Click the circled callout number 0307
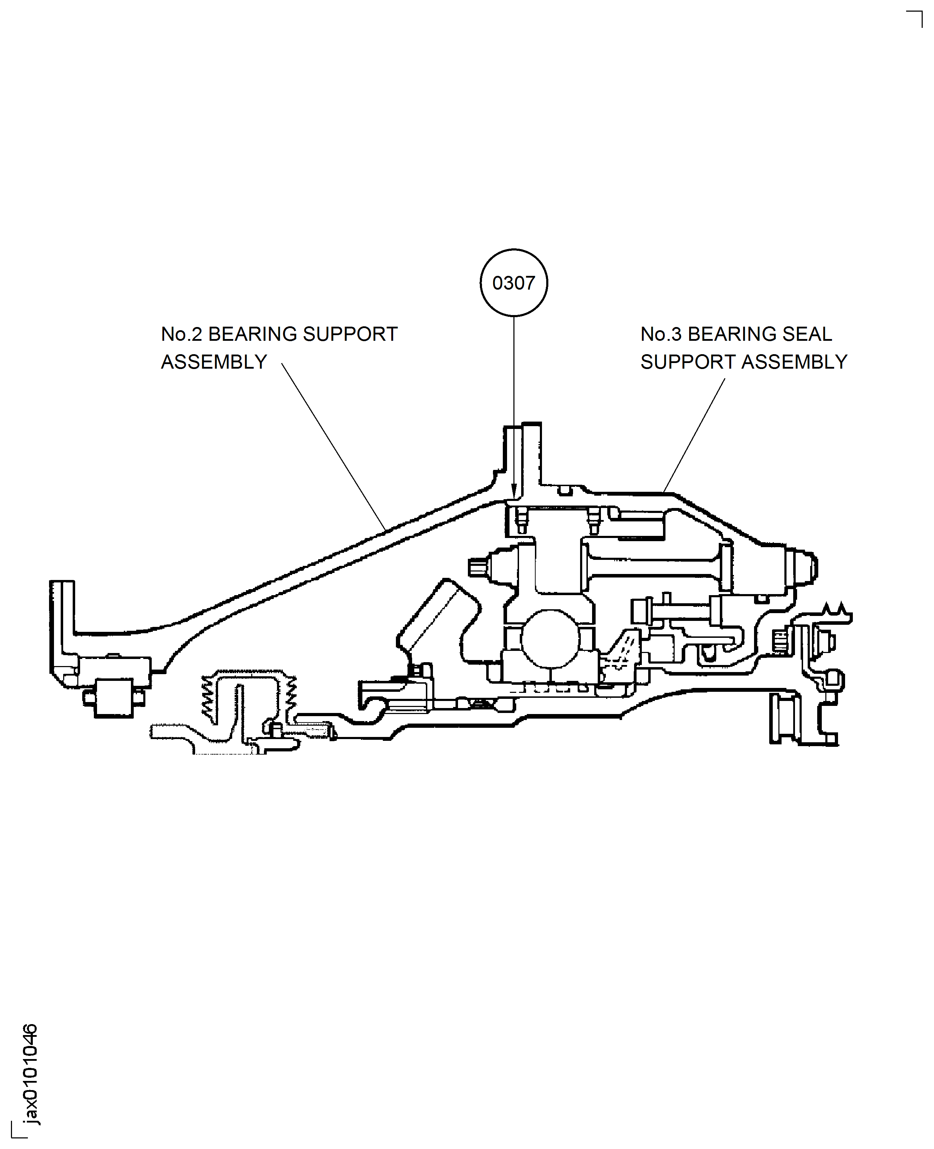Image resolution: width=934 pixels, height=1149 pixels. [x=513, y=283]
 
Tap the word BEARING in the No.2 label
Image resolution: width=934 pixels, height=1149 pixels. [x=252, y=334]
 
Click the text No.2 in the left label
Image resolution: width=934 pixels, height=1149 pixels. [x=181, y=334]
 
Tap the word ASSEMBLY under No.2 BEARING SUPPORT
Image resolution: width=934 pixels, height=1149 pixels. [x=214, y=362]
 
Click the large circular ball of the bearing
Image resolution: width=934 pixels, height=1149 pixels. [x=550, y=639]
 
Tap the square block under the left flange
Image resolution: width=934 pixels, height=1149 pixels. [x=114, y=698]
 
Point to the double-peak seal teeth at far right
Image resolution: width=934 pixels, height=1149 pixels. [x=835, y=610]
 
